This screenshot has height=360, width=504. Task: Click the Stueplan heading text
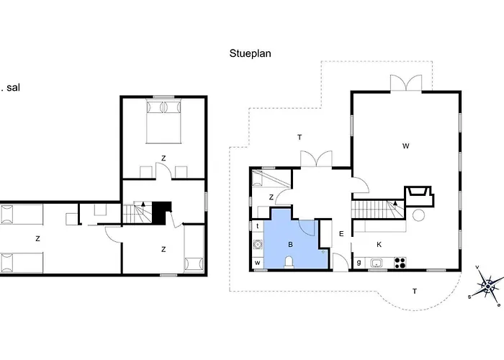tap(250, 53)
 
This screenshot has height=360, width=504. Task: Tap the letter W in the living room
tap(405, 146)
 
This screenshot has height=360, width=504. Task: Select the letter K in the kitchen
tap(379, 245)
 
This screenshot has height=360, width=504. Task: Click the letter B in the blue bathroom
tap(290, 245)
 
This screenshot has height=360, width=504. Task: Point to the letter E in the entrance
tap(341, 234)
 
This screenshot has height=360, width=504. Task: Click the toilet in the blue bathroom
tap(289, 262)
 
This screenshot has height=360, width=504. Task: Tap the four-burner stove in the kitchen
tap(400, 263)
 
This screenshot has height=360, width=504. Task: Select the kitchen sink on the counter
tap(376, 264)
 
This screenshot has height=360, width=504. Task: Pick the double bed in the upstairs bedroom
tap(163, 122)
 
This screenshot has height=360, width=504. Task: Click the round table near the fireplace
tap(418, 215)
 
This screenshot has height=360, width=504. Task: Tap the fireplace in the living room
tap(418, 196)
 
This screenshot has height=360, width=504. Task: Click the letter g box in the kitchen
tap(359, 263)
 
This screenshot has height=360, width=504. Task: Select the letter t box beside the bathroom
tap(258, 226)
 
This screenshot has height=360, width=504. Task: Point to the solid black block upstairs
tap(161, 213)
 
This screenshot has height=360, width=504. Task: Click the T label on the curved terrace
tap(415, 291)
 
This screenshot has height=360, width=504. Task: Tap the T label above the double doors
tap(300, 138)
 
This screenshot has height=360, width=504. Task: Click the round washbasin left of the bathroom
tap(258, 245)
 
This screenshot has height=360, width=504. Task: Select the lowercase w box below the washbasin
tap(258, 263)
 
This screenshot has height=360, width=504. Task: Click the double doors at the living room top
tap(406, 83)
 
